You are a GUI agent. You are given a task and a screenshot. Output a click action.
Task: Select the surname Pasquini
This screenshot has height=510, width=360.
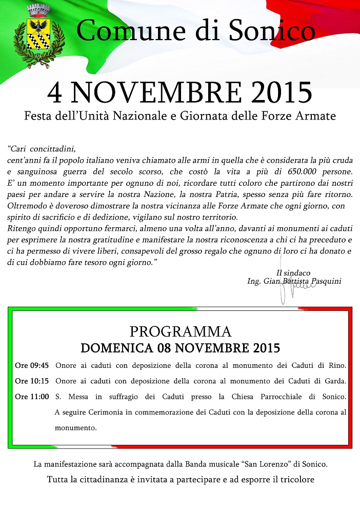tap(323, 281)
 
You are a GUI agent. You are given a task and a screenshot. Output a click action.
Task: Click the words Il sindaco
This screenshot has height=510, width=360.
tap(293, 272)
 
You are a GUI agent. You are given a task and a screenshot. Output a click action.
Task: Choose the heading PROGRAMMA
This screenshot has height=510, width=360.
tap(180, 331)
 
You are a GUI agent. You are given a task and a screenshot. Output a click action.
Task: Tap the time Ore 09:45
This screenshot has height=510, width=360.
tap(32, 366)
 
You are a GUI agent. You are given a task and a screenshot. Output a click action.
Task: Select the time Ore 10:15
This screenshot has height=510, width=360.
tap(32, 381)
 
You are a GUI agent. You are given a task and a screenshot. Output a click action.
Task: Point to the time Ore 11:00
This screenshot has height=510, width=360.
tap(32, 397)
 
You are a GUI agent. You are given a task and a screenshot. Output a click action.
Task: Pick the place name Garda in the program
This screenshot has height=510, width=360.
tap(334, 381)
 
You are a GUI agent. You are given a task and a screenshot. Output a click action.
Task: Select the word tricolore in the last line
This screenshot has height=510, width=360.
tap(295, 480)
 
